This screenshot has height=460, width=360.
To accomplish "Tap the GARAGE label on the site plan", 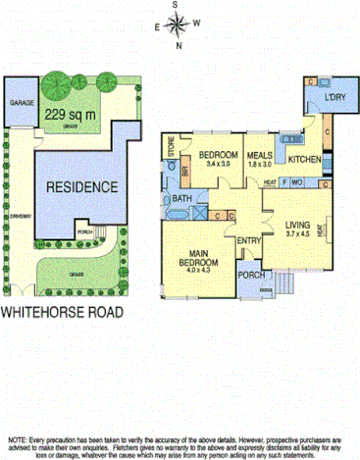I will (22, 102).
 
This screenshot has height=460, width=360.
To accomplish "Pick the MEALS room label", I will (259, 155).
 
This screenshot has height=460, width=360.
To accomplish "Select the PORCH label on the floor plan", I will (250, 275).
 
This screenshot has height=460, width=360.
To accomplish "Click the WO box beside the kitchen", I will (296, 181).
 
